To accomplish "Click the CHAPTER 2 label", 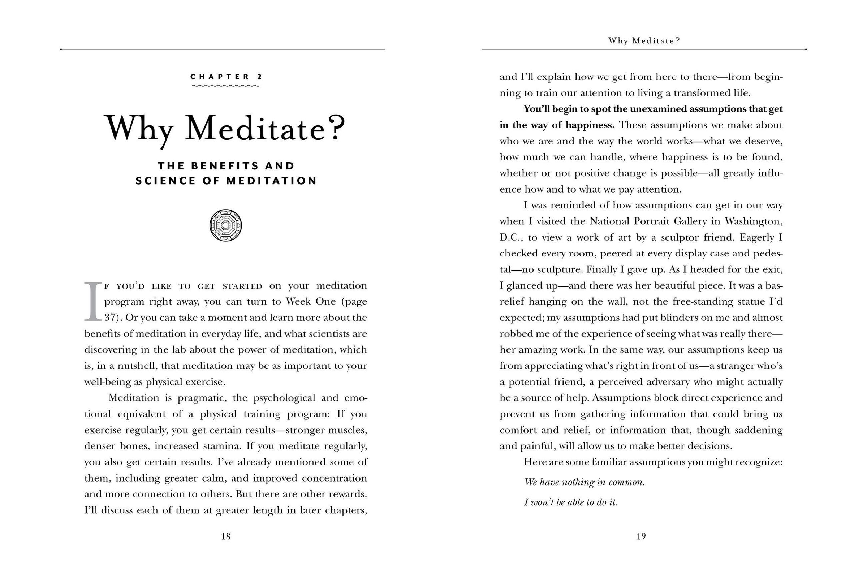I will point(226,77).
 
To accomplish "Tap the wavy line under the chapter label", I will point(226,86).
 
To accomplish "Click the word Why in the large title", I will point(139,129).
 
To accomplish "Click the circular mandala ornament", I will point(225,225).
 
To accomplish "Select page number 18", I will point(225,536).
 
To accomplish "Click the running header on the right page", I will point(644,41).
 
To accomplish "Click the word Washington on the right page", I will point(753,221).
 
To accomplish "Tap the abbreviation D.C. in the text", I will point(511,237).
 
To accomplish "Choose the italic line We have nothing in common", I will point(584,482).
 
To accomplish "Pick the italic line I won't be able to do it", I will point(571,502).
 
